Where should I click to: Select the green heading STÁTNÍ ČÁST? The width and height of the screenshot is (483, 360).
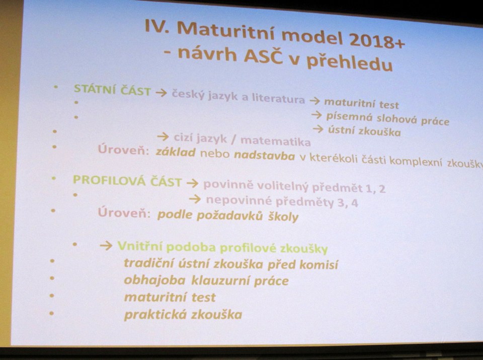(x=112, y=90)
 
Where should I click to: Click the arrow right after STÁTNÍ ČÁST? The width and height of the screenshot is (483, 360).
(x=161, y=93)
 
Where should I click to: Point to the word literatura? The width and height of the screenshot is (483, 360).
(x=278, y=98)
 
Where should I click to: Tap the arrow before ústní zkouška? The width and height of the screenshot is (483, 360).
(x=318, y=128)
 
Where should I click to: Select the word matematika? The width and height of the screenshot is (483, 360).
(x=275, y=141)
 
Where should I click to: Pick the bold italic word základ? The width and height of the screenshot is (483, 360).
(x=176, y=152)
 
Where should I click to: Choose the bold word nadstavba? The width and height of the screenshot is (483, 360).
(x=265, y=156)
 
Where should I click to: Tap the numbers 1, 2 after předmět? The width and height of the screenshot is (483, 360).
(x=375, y=188)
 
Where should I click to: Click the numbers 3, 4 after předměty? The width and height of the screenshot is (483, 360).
(x=348, y=203)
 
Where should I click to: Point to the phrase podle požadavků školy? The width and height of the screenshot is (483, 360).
(x=228, y=215)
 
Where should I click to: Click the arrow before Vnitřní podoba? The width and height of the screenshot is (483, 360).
(x=106, y=246)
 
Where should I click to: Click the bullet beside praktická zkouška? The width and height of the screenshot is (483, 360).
(x=51, y=313)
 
